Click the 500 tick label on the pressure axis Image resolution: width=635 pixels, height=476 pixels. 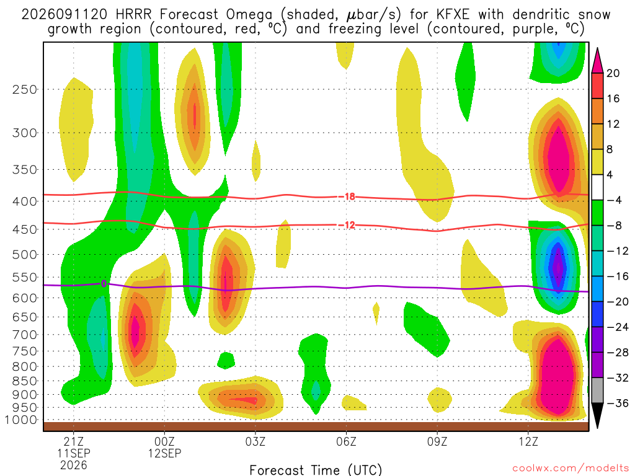tap(25, 255)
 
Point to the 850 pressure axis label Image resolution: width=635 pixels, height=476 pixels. tap(25, 381)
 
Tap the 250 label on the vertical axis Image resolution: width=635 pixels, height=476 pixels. tap(25, 89)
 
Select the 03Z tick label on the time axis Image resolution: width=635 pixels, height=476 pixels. tap(255, 441)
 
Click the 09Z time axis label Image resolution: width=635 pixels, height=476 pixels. tap(437, 441)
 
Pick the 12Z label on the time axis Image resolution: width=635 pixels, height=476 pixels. tap(528, 441)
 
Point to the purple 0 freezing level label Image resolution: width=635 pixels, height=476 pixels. tap(104, 284)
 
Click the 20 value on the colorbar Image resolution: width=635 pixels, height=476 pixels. tap(613, 73)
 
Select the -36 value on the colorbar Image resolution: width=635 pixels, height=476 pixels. tap(617, 403)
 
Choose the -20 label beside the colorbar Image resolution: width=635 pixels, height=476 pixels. tap(617, 302)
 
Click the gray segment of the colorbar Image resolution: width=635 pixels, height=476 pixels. tap(597, 390)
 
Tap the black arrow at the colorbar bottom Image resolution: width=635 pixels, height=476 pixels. tap(597, 415)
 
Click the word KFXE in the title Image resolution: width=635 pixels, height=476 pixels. tap(453, 15)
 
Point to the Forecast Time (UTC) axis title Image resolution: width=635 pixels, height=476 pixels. tap(316, 470)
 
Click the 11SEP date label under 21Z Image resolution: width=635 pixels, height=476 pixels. tap(73, 453)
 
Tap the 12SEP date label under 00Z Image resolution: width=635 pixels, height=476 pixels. tap(164, 453)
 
